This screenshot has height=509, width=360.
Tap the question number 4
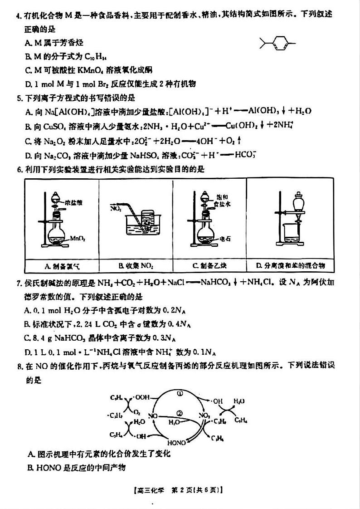click(18, 14)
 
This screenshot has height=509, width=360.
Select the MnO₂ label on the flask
click(77, 237)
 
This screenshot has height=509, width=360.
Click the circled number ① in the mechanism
click(180, 394)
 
